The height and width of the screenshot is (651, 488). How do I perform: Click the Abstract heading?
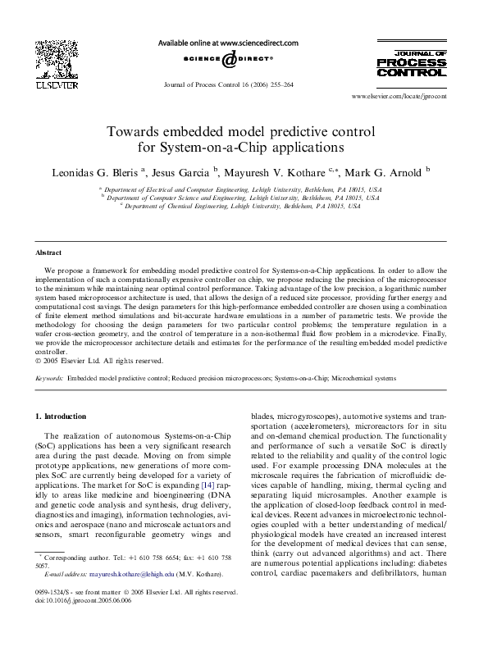point(48,253)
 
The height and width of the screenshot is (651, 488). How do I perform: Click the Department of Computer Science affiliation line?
point(240,198)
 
